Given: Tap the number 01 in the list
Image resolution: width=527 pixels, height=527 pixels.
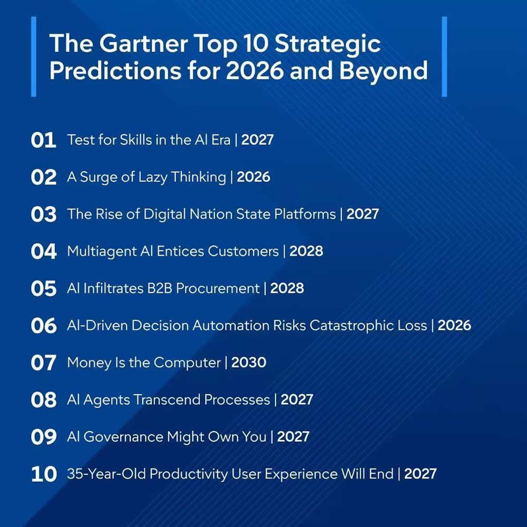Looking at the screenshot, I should point(43,141).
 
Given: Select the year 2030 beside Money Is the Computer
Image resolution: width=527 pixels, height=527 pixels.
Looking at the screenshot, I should point(249,363).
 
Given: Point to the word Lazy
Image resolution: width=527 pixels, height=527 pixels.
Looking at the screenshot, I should point(155,177).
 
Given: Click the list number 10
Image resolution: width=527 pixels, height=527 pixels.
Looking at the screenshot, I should point(44,474).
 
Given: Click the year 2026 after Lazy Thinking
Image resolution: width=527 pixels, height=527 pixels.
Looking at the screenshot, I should point(253,177).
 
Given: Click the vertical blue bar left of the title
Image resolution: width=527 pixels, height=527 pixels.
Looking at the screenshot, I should point(34,56).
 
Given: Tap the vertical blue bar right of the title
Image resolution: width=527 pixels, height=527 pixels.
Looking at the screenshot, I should point(444,56).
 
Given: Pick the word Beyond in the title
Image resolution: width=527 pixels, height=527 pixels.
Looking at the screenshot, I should point(383,71).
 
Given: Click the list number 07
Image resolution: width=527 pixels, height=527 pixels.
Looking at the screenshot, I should point(43,363).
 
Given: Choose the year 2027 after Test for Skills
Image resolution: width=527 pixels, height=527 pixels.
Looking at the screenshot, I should point(258,140).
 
